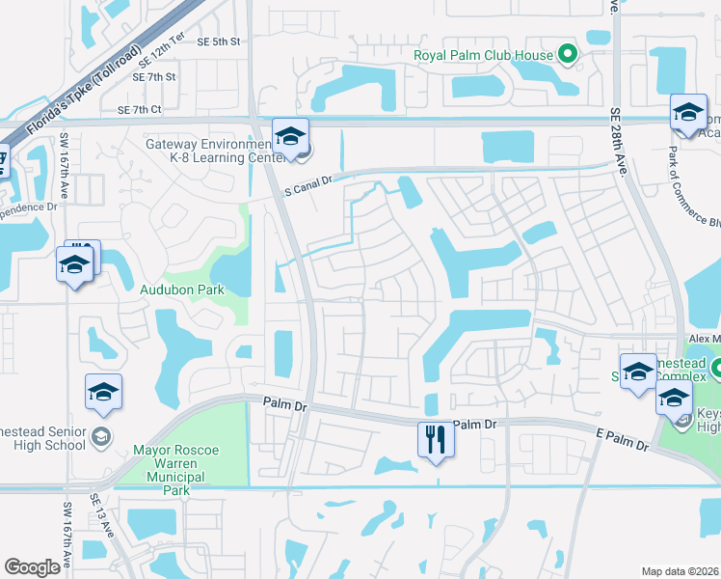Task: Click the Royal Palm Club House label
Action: coord(484,55)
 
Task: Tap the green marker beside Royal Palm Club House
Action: coord(569,55)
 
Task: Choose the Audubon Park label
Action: coord(181,289)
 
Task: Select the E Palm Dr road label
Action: coord(626,441)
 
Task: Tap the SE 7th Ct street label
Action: coord(142,111)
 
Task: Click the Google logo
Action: coord(33,567)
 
